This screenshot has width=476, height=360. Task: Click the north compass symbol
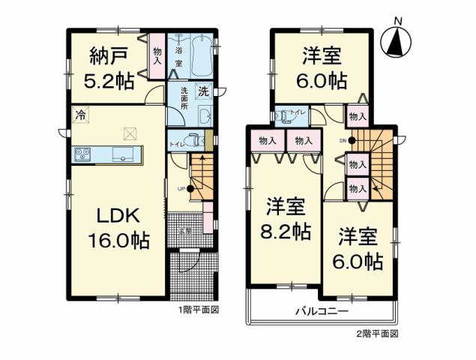pyautogui.click(x=394, y=41)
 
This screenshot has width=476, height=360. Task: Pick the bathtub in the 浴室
pyautogui.click(x=200, y=55)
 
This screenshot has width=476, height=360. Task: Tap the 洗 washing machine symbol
pyautogui.click(x=202, y=91)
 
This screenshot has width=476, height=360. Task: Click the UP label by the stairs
pyautogui.click(x=181, y=189)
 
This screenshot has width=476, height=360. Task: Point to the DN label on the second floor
pyautogui.click(x=343, y=140)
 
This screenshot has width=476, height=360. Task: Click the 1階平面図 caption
pyautogui.click(x=197, y=309)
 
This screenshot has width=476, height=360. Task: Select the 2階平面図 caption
pyautogui.click(x=377, y=332)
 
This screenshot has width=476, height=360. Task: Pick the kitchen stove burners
pyautogui.click(x=81, y=154)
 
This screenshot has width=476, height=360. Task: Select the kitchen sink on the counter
pyautogui.click(x=122, y=154)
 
